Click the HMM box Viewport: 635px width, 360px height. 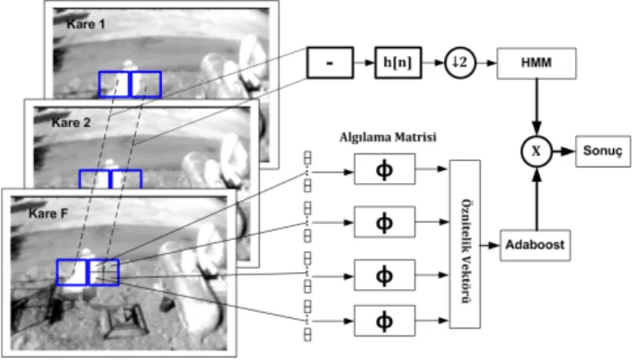pos(537,63)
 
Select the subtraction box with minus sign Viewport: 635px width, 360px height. pos(330,63)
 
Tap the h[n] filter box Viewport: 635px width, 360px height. pos(398,63)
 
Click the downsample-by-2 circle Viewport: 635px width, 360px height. pos(460,63)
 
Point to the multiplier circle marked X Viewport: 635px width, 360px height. pos(537,151)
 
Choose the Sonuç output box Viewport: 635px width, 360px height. pos(603,151)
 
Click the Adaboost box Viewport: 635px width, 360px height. pos(535,245)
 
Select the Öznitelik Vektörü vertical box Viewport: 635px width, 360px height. pos(465,244)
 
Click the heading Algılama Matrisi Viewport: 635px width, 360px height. pos(388,137)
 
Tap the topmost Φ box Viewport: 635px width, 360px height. pos(384,169)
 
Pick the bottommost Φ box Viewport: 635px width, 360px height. pos(384,321)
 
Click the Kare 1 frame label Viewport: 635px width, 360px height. pos(86,24)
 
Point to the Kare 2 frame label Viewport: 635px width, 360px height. pos(71,122)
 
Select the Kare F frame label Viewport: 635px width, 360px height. pos(48,214)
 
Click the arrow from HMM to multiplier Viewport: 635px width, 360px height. pos(537,107)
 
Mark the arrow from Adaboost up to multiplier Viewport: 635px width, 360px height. pos(537,199)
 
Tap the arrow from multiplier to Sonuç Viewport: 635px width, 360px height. pos(564,151)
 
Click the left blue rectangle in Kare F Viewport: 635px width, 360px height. pos(72,273)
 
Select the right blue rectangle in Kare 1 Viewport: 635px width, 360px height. pos(145,85)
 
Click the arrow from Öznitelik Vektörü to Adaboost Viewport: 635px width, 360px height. pos(490,245)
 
